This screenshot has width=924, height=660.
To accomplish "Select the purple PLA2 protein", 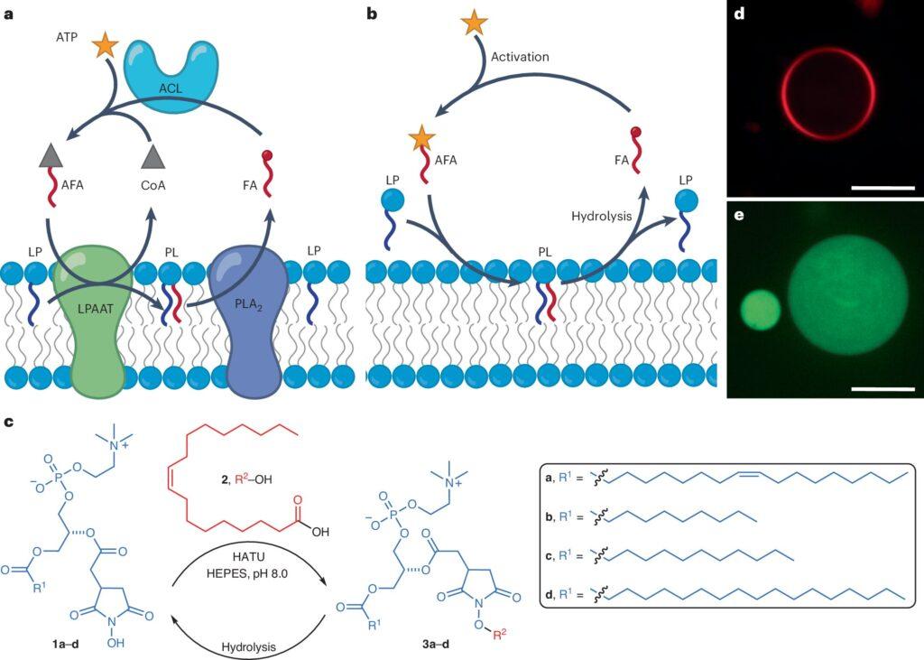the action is (250, 319).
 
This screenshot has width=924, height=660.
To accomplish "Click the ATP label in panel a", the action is (67, 39).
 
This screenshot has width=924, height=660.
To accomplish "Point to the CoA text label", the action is (153, 185).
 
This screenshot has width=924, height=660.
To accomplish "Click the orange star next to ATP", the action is (106, 46).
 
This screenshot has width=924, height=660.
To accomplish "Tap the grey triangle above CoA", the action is (153, 156).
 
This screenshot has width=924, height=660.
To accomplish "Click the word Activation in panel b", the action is (520, 57).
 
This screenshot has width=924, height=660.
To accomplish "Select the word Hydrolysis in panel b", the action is (601, 216).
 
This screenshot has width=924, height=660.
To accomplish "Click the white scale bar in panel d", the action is (882, 188).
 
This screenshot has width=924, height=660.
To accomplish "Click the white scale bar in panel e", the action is (882, 388).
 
